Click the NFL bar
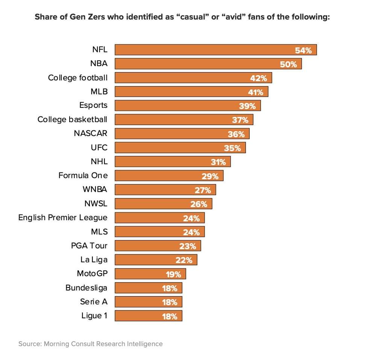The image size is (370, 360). [x=215, y=50]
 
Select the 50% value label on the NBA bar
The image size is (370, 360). [x=288, y=64]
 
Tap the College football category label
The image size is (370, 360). [x=77, y=78]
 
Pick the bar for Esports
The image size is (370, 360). [x=187, y=106]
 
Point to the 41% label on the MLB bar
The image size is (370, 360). [x=256, y=92]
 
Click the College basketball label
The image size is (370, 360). [x=72, y=119]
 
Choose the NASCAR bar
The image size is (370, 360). [x=182, y=134]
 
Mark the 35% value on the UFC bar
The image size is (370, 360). [x=232, y=148]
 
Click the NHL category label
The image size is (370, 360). [x=99, y=161]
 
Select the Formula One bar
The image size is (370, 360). [x=169, y=176]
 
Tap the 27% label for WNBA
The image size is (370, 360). [x=203, y=190]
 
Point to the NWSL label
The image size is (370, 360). [x=96, y=204]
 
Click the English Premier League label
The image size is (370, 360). [x=63, y=218]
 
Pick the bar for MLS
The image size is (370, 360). [x=159, y=232]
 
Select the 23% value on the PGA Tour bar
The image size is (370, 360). [x=188, y=246]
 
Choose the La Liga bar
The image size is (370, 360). [x=156, y=260]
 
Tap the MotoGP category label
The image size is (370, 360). [x=92, y=273]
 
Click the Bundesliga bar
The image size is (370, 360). [x=148, y=288]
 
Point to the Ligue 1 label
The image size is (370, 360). [x=94, y=316]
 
